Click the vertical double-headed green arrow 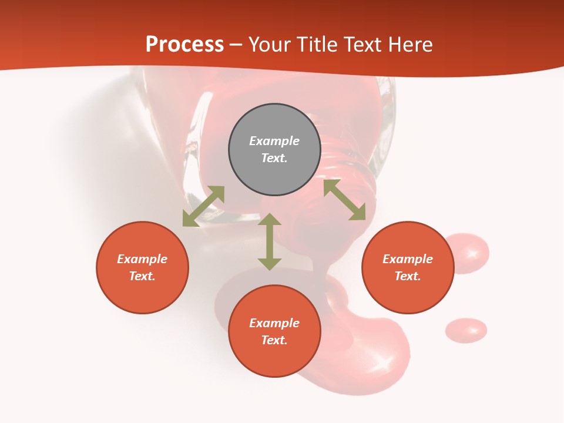pyautogui.click(x=270, y=241)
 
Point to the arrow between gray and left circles pyautogui.click(x=203, y=206)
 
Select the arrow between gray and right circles pyautogui.click(x=345, y=200)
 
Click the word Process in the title pyautogui.click(x=184, y=44)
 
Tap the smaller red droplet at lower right pyautogui.click(x=466, y=330)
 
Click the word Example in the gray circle pyautogui.click(x=274, y=141)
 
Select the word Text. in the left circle pyautogui.click(x=142, y=276)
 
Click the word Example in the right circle pyautogui.click(x=408, y=259)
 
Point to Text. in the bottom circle pyautogui.click(x=274, y=340)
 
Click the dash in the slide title pyautogui.click(x=236, y=44)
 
